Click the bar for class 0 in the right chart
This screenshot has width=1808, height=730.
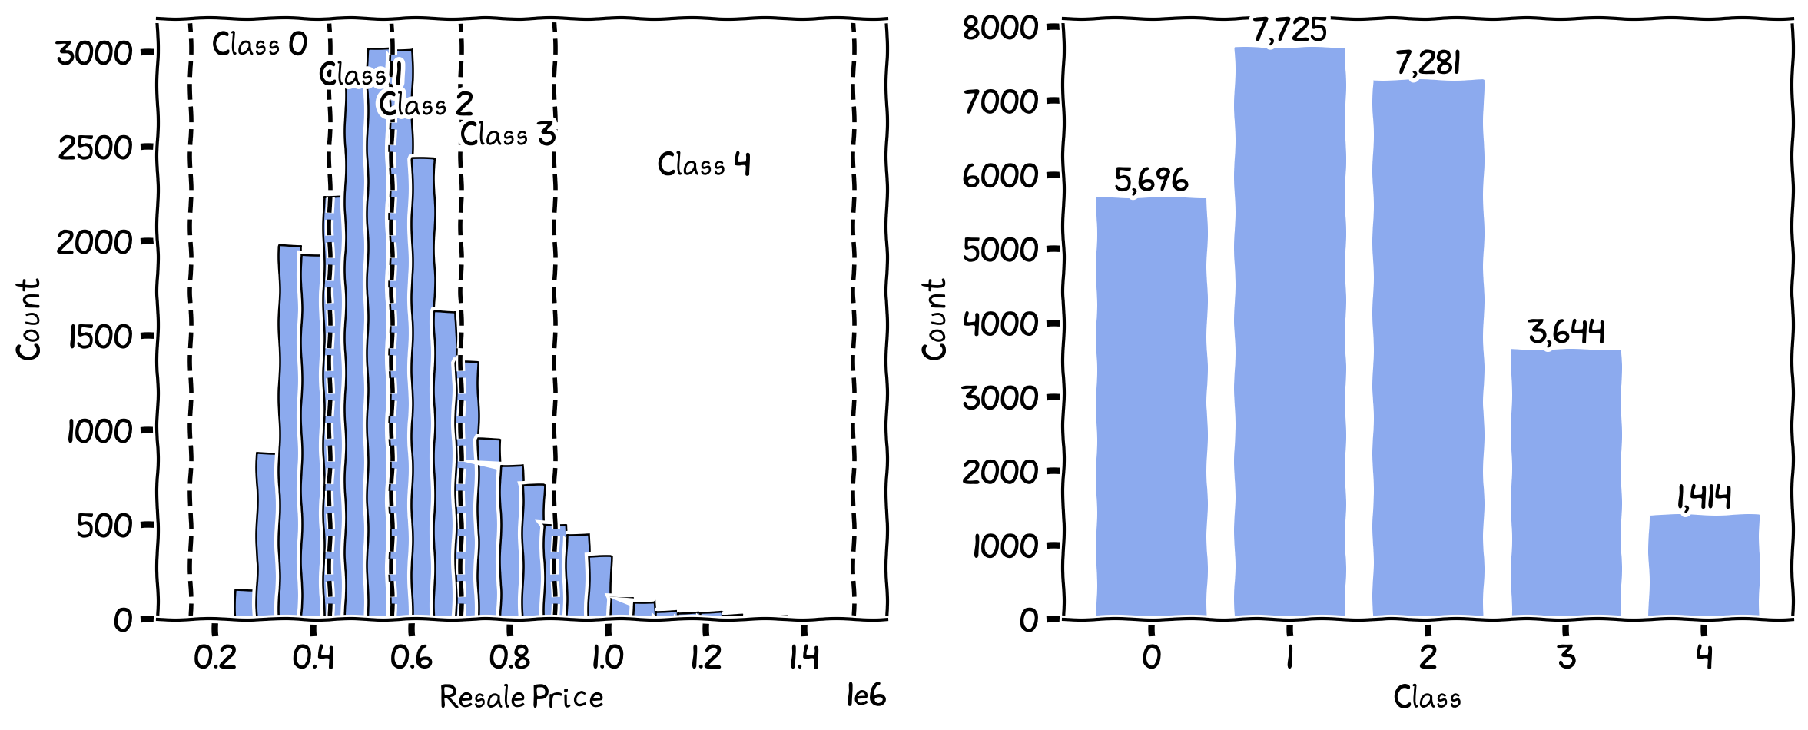(1150, 407)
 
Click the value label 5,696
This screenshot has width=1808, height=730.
(1150, 181)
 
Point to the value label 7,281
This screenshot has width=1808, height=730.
(1428, 63)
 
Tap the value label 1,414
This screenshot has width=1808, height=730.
(1704, 497)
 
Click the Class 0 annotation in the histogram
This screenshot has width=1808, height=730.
(259, 45)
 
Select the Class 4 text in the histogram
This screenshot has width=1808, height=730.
(703, 164)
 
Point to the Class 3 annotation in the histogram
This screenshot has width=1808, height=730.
(507, 134)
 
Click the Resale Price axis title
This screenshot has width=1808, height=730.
(521, 697)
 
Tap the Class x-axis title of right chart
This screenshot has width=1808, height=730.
(1427, 697)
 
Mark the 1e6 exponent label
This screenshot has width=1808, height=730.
(865, 695)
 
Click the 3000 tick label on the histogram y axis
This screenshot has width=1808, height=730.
(95, 53)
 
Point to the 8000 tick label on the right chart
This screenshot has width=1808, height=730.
(1000, 28)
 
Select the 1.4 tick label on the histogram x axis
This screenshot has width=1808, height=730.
(804, 657)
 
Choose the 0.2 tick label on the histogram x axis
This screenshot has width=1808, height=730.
(215, 657)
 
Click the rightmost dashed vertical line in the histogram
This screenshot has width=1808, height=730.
(854, 323)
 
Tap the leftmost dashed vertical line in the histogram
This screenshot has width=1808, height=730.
(191, 323)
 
